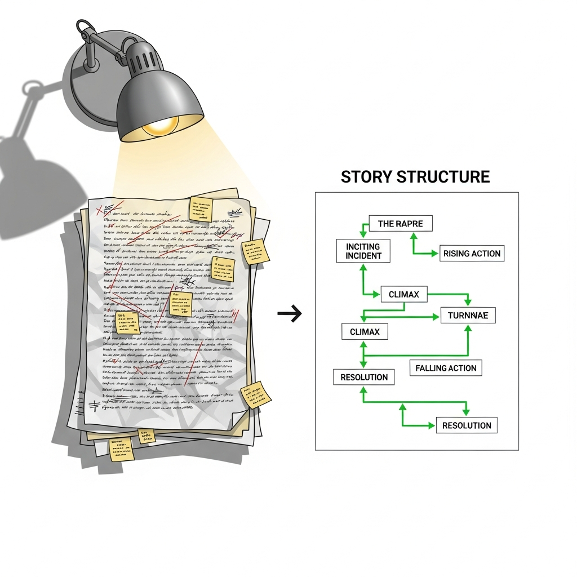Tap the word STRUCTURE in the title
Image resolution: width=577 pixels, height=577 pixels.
[x=443, y=176]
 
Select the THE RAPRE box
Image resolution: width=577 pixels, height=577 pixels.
[x=400, y=224]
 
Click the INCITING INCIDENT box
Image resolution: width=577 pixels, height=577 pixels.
[x=363, y=251]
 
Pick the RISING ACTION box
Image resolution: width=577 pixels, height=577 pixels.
[x=472, y=254]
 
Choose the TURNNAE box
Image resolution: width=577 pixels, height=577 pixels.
[x=468, y=316]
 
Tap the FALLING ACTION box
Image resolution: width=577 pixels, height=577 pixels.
[x=446, y=368]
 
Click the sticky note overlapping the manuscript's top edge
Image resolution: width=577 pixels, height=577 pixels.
[x=201, y=209]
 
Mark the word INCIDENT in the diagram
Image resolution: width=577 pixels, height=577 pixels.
[x=363, y=256]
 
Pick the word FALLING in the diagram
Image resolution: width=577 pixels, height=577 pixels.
[x=431, y=368]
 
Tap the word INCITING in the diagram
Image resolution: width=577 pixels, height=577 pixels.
[x=363, y=246]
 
